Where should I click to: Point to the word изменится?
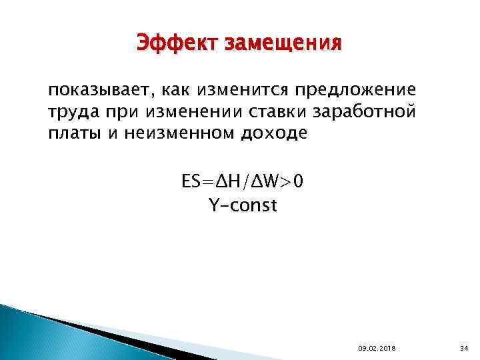(240, 91)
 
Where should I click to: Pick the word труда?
(73, 112)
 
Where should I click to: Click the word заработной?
(361, 111)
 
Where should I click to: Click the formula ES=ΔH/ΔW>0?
(242, 182)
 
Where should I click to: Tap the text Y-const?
(242, 206)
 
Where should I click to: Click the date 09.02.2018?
(375, 348)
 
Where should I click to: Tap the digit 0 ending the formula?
(297, 182)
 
